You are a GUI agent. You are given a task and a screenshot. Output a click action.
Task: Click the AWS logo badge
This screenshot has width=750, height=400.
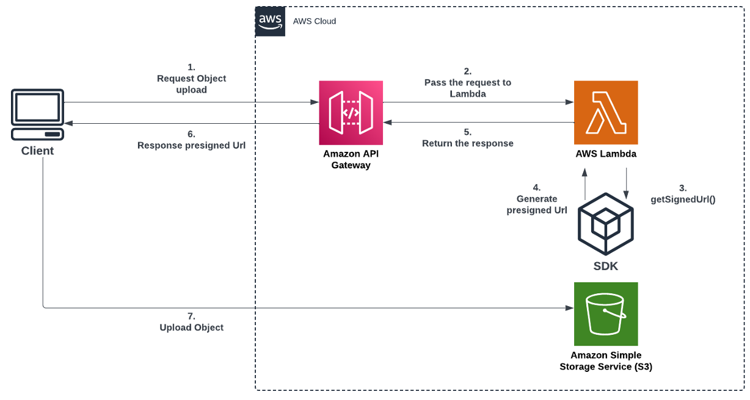(x=270, y=21)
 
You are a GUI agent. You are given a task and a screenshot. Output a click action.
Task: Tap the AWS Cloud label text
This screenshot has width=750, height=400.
(x=315, y=21)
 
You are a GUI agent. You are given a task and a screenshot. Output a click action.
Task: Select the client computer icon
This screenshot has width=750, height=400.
(x=37, y=115)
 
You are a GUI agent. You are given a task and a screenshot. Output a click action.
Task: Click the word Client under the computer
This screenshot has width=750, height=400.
(x=37, y=151)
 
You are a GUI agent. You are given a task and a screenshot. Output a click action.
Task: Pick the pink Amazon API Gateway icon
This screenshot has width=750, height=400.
(x=351, y=113)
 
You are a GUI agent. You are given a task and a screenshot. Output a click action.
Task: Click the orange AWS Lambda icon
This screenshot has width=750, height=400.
(x=606, y=113)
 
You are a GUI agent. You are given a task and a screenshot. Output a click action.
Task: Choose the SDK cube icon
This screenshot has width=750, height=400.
(x=606, y=224)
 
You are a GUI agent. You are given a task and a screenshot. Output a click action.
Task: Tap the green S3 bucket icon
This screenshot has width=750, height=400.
(x=606, y=314)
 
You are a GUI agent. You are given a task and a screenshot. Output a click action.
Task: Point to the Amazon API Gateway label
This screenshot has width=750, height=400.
(x=351, y=159)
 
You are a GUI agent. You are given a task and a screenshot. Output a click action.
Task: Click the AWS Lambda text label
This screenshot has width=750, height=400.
(x=606, y=154)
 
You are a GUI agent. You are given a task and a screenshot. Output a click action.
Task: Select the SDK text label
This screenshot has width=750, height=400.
(x=606, y=266)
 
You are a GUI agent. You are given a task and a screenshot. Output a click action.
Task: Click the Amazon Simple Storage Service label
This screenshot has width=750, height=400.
(x=606, y=361)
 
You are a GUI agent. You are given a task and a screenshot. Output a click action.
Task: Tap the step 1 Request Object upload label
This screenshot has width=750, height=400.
(x=192, y=79)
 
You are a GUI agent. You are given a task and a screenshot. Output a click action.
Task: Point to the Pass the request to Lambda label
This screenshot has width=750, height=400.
(x=468, y=82)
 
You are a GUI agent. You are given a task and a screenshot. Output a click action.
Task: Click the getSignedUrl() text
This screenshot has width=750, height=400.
(x=683, y=199)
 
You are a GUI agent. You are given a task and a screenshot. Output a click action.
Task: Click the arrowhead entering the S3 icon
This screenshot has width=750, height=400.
(x=570, y=308)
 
